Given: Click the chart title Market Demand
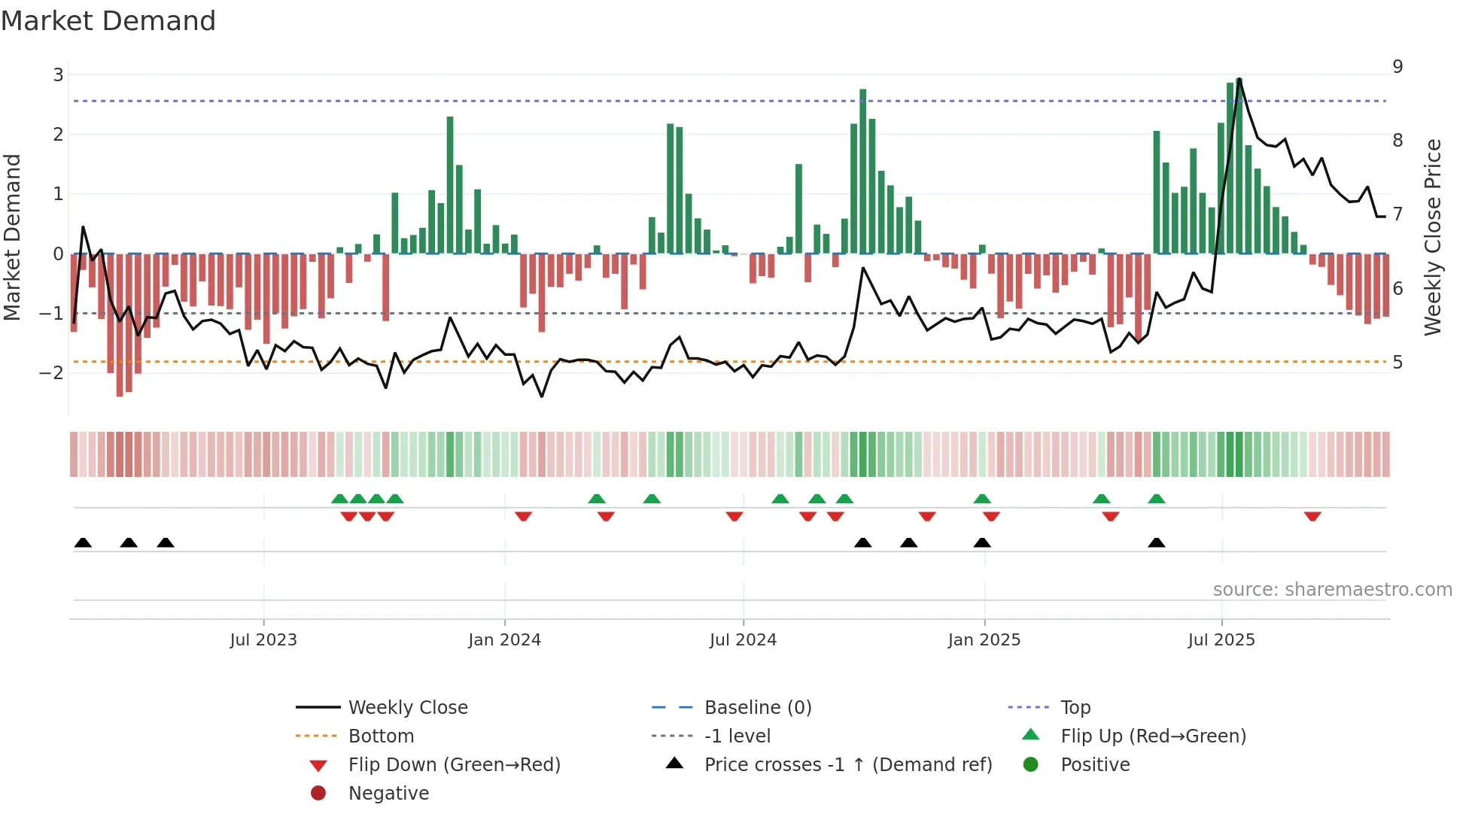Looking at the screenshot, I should pos(108,21).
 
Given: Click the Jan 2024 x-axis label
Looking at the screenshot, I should pos(504,640).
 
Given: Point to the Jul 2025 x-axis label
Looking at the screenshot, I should pos(1221,640).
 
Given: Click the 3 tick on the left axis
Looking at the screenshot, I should pos(58,74).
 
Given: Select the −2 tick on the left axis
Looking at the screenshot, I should pos(52,372).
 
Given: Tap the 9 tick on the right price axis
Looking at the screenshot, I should pos(1397,66).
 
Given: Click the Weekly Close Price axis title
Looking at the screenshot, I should pos(1433,237).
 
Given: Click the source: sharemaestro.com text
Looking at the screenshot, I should pos(1332,589).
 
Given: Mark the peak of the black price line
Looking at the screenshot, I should pos(1239,79).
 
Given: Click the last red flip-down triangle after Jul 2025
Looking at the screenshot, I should pos(1312,516).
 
